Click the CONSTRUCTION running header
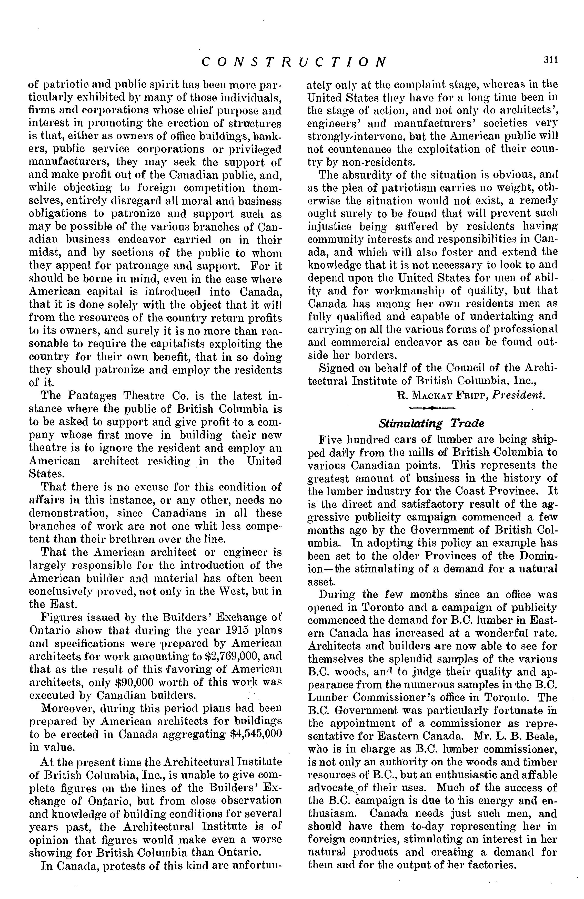coord(294,61)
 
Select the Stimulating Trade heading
coord(431,423)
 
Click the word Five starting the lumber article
coord(331,440)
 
